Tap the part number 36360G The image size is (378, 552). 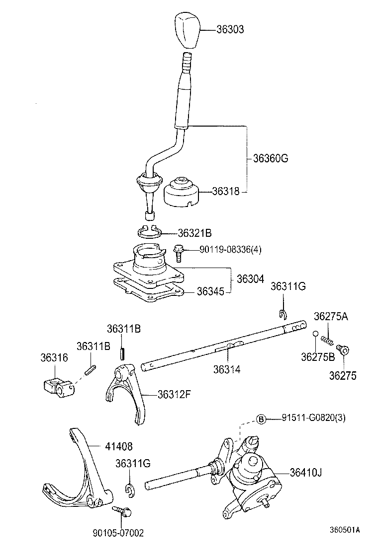[271, 159]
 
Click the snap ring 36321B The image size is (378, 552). [149, 232]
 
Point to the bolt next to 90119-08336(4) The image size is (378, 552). [179, 253]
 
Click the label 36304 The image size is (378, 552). [250, 279]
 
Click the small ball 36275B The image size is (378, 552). [315, 334]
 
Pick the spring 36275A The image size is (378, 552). [326, 341]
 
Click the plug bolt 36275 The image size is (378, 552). [343, 350]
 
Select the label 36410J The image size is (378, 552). [306, 472]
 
